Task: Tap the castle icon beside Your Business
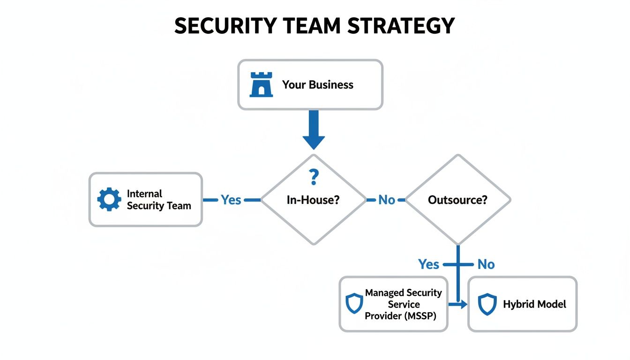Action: click(261, 85)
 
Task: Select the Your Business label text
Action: click(317, 85)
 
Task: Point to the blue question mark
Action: click(314, 178)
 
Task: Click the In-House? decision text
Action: click(313, 200)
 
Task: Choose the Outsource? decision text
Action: click(457, 200)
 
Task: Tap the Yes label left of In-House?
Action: click(231, 200)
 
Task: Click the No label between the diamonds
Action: click(386, 200)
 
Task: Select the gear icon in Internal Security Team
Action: click(109, 200)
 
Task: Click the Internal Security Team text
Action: click(158, 200)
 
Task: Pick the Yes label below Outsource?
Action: click(428, 264)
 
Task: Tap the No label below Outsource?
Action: click(486, 264)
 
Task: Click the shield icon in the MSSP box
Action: click(354, 304)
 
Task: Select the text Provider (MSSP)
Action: click(400, 316)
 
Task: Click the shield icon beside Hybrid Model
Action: click(487, 304)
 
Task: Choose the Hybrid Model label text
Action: click(534, 304)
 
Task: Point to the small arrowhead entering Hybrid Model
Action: click(464, 305)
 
